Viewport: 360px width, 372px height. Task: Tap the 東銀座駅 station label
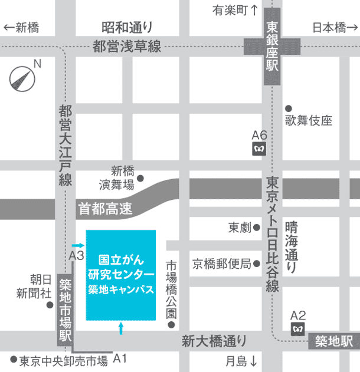click(x=272, y=47)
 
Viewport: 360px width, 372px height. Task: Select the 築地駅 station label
click(x=333, y=341)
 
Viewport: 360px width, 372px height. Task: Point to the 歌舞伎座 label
click(x=309, y=121)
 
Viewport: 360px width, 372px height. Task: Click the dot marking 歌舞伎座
click(x=289, y=108)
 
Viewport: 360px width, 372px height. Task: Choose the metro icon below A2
click(x=298, y=328)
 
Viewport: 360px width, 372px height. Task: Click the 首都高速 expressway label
click(x=105, y=208)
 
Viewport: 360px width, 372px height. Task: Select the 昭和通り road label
click(x=127, y=27)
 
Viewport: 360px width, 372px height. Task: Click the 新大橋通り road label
click(x=214, y=341)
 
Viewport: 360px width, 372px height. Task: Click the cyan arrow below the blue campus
click(x=121, y=328)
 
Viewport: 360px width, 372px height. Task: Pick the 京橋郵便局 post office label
click(x=221, y=263)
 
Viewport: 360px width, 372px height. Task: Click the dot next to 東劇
click(x=257, y=227)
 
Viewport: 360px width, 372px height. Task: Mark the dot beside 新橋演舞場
click(x=140, y=177)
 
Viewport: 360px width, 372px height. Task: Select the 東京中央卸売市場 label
click(x=63, y=360)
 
